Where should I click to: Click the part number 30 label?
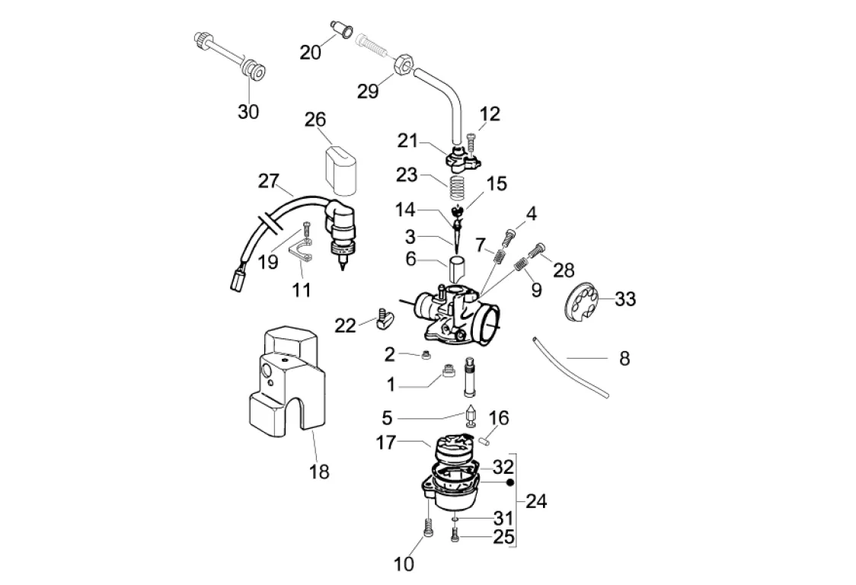248,111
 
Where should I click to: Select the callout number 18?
320,472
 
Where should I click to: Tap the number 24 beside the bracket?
536,501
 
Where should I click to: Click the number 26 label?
315,120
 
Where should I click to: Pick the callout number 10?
404,564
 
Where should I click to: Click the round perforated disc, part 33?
586,303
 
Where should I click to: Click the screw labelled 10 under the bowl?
426,527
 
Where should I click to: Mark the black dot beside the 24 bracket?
510,483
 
